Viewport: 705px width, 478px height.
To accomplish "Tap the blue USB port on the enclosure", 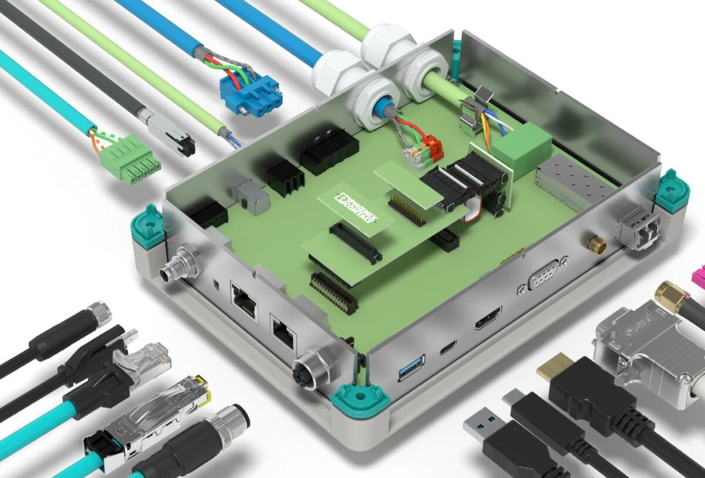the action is (x=411, y=367).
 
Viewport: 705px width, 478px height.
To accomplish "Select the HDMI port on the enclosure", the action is (x=488, y=318).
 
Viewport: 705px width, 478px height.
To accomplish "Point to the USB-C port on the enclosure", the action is (x=448, y=347).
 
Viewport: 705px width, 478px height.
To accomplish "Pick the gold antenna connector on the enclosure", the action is (x=597, y=246).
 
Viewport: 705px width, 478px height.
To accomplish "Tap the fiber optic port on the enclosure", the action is (x=638, y=228).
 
